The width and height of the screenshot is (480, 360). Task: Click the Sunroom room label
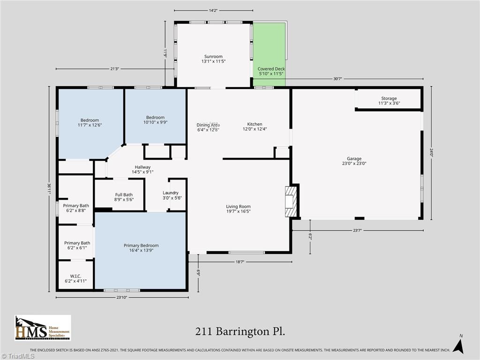click(x=213, y=59)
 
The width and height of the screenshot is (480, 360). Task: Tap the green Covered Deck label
click(x=271, y=71)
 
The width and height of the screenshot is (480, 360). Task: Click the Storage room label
click(x=389, y=101)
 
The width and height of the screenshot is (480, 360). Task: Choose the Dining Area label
click(x=208, y=127)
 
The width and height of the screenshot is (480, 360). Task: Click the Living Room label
click(x=238, y=209)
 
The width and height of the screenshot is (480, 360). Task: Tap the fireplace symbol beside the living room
click(x=291, y=202)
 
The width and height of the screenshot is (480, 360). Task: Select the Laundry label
click(x=170, y=195)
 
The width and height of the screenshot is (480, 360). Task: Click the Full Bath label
click(x=124, y=197)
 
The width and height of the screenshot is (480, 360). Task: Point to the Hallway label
click(x=142, y=169)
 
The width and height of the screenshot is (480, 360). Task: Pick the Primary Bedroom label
click(x=141, y=248)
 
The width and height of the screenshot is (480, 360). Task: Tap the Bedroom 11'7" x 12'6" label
click(x=90, y=122)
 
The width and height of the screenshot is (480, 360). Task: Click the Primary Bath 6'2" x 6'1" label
click(x=77, y=246)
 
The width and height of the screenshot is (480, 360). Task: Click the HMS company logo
click(x=43, y=328)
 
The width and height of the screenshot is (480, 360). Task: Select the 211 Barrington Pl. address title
click(x=240, y=331)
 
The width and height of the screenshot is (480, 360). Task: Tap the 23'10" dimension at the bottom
click(x=121, y=298)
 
